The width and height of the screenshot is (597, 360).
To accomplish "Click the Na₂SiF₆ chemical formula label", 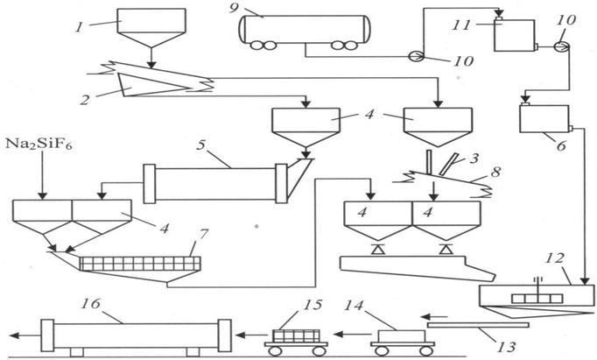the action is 39,145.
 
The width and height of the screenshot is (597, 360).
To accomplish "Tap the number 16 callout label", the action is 91,304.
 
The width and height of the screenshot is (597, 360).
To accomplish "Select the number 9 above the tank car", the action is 234,7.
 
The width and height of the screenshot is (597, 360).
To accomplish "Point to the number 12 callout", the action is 554,258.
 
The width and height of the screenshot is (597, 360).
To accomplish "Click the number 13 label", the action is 507,347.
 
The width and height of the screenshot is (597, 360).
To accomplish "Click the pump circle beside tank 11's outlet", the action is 562,46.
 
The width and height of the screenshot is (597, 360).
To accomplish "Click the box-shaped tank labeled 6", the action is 544,119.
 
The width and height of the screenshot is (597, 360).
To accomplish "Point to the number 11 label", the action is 461,25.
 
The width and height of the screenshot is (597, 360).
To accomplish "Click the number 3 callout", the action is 474,158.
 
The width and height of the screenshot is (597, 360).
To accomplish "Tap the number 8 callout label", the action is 495,172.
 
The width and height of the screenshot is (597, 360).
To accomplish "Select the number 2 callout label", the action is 84,100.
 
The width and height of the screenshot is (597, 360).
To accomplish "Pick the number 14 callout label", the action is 354,306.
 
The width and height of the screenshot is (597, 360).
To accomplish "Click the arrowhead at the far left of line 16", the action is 14,335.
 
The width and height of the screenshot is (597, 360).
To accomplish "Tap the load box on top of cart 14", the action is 402,336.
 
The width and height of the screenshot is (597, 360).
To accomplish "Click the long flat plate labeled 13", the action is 478,325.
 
